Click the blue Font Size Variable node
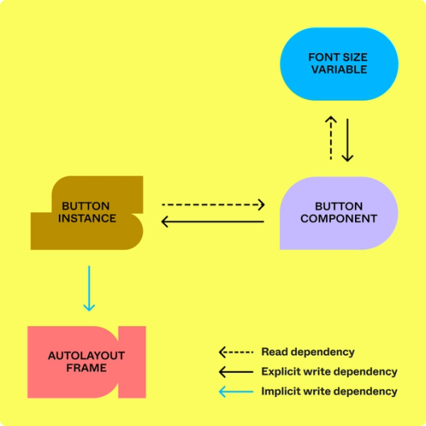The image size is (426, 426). point(339,65)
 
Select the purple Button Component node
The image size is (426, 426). point(339,212)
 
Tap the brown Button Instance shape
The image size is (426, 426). point(87,212)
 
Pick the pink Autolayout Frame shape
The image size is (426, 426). point(86,361)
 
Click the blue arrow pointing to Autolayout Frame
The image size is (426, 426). point(89,288)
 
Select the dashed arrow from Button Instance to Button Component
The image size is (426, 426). point(213,205)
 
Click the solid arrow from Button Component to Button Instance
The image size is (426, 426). point(213,221)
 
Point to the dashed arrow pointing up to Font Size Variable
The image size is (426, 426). point(331,138)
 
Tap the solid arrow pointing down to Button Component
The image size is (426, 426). point(348,140)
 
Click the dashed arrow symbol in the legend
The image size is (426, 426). point(236,353)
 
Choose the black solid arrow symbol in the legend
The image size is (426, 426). point(236,372)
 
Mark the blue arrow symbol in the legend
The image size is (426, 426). point(236,391)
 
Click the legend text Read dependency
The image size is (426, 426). point(307,352)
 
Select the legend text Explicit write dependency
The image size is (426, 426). point(329,372)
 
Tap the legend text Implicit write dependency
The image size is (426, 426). point(329,391)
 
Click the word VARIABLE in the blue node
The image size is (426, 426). point(339,70)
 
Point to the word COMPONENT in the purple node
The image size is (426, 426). point(339,219)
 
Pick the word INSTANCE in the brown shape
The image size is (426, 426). point(87,219)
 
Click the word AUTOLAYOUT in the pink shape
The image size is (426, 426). point(86,356)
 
